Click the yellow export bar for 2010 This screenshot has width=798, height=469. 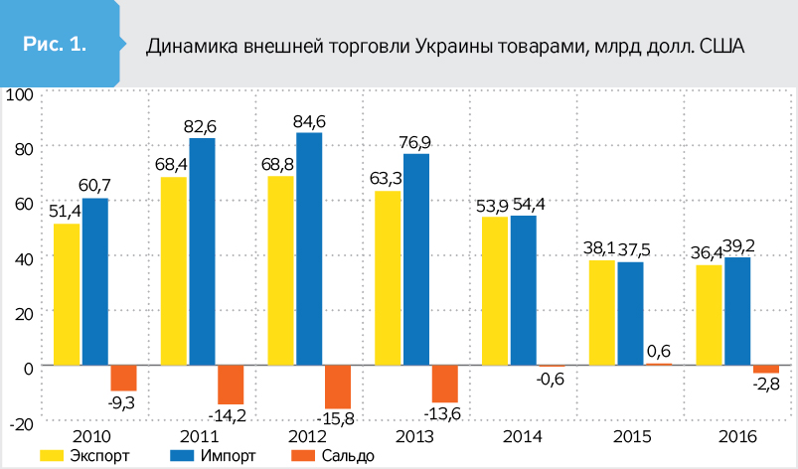67,294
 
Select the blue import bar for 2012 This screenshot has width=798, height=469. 309,248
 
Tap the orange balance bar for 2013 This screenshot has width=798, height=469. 445,385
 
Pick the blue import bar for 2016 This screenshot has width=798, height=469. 737,311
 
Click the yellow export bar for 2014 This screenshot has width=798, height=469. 495,291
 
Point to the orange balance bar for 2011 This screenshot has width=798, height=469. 231,385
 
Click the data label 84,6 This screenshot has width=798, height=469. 309,122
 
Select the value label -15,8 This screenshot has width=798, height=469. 335,418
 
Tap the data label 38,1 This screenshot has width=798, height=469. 599,248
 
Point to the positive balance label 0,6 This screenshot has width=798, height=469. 659,351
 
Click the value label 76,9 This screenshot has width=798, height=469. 414,143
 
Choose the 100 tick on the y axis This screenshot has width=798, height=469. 19,94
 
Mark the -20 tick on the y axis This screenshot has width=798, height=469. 22,423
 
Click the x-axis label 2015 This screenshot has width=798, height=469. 631,437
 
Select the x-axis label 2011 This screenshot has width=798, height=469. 199,437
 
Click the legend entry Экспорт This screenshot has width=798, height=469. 84,456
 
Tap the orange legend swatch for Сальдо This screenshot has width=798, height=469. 302,456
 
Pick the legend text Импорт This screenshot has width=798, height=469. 228,456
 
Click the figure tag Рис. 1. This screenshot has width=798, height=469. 55,45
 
